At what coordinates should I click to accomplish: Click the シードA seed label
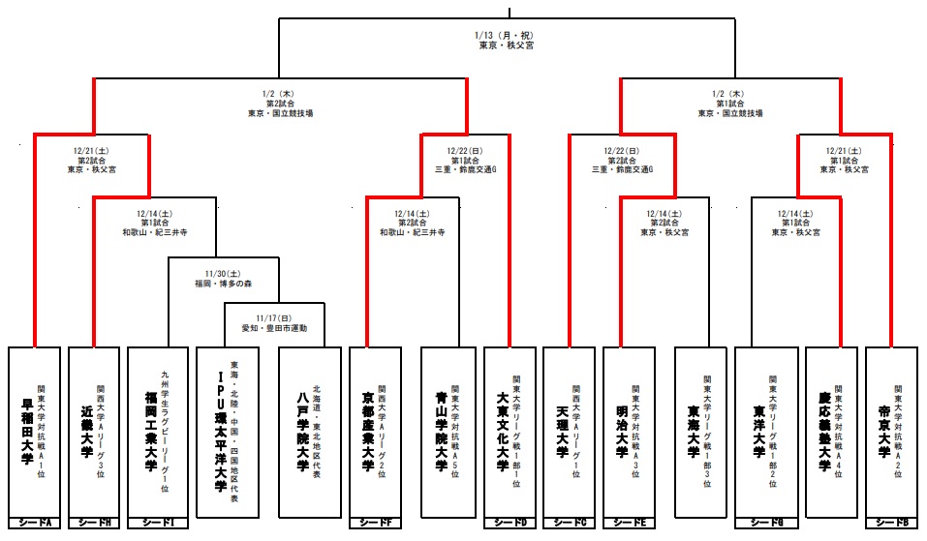35,524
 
